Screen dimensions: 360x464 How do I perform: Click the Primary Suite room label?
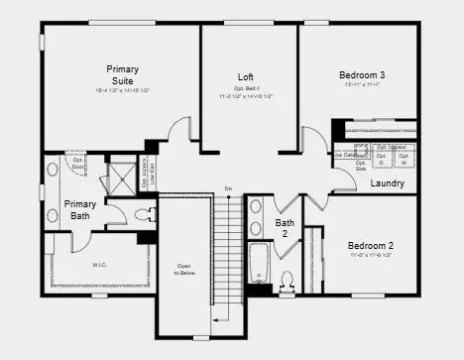(123, 74)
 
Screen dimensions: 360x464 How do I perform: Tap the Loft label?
(246, 77)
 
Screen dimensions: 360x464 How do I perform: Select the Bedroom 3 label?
(362, 75)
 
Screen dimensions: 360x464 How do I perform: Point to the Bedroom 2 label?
(371, 245)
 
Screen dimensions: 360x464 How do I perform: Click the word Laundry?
(387, 183)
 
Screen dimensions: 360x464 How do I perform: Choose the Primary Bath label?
(80, 210)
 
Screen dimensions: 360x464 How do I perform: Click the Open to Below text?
(184, 269)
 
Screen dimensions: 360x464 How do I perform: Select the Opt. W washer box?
(404, 163)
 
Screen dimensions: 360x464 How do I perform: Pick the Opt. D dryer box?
(380, 163)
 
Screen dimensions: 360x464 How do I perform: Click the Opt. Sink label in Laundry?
(361, 166)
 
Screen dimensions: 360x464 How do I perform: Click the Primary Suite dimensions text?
(123, 89)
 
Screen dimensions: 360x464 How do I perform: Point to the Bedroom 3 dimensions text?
(362, 85)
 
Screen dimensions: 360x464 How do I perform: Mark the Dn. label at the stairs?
(228, 187)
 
